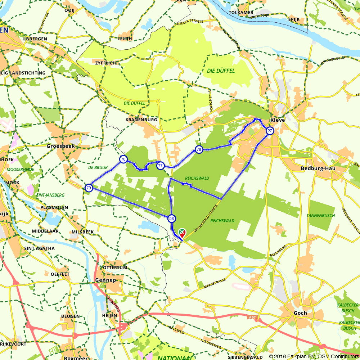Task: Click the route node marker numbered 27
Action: pyautogui.click(x=270, y=131)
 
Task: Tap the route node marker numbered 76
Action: pyautogui.click(x=198, y=149)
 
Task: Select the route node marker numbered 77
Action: pyautogui.click(x=160, y=166)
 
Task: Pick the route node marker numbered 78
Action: pyautogui.click(x=123, y=159)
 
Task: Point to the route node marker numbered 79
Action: pyautogui.click(x=89, y=188)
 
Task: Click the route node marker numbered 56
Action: pyautogui.click(x=171, y=219)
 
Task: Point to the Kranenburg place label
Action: pyautogui.click(x=141, y=120)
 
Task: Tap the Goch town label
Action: pyautogui.click(x=300, y=313)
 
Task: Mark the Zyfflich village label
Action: pyautogui.click(x=106, y=63)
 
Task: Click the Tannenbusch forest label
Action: pyautogui.click(x=320, y=216)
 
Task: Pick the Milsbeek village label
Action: pyautogui.click(x=83, y=232)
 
